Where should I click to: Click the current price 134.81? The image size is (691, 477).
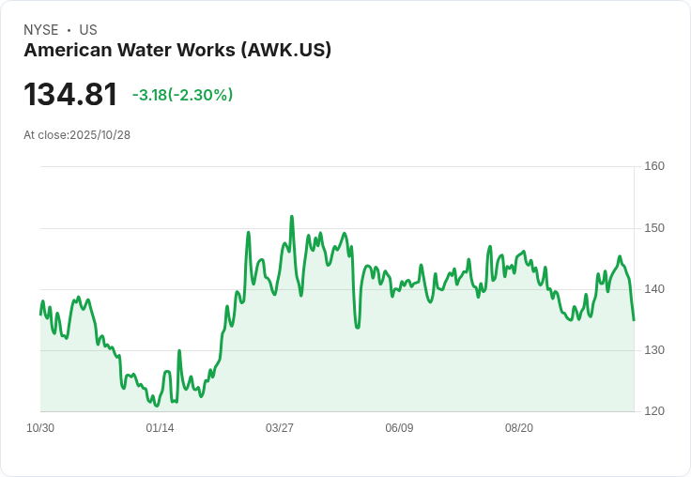coord(70,95)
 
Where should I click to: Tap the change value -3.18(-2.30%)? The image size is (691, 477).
coord(182,95)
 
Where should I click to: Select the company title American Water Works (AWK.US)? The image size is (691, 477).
coord(177,50)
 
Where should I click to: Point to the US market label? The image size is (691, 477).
coord(88,30)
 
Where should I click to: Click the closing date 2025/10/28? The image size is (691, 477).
coord(100,134)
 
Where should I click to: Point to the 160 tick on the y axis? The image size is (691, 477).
coord(654,166)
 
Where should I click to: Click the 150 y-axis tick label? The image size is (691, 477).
coord(654,228)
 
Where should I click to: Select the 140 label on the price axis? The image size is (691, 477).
coord(654,289)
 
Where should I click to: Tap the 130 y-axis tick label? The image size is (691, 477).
coord(654,350)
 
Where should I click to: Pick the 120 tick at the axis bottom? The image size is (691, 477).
coord(654,411)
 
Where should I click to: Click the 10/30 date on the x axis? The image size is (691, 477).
coord(40,428)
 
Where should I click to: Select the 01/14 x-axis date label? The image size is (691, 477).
coord(160,428)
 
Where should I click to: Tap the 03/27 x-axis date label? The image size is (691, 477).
coord(280,428)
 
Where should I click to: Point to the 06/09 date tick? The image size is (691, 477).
coord(399,428)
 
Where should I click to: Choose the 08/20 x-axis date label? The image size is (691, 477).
coord(519,428)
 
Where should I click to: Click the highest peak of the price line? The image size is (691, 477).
coord(292,217)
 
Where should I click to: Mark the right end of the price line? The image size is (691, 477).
coord(634,320)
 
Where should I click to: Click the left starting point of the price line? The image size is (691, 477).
coord(40,314)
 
